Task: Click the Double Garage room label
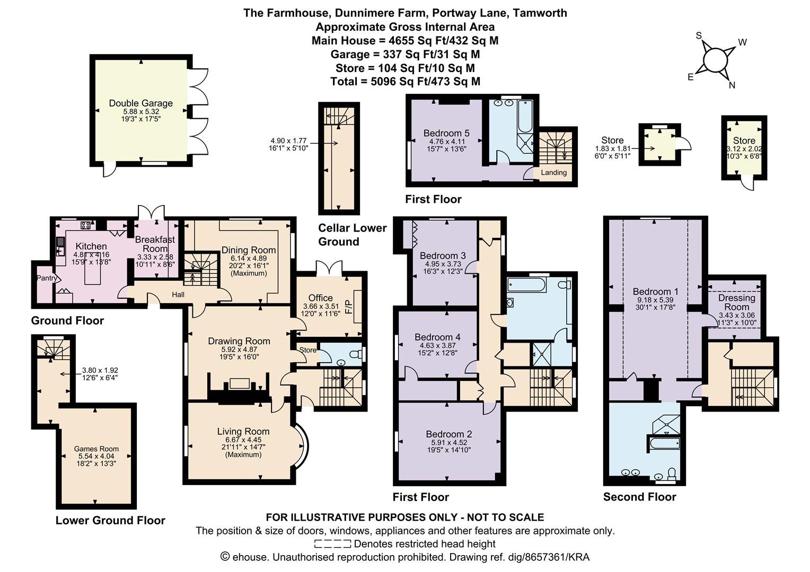click(x=140, y=103)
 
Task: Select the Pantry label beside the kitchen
click(x=46, y=278)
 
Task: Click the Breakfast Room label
click(x=155, y=244)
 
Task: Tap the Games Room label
click(x=96, y=449)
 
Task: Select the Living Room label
click(x=243, y=432)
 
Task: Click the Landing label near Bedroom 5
click(x=553, y=173)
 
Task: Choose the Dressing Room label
click(x=736, y=302)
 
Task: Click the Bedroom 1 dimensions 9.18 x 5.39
click(x=655, y=299)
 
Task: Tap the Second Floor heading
click(x=639, y=497)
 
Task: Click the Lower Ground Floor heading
click(x=110, y=521)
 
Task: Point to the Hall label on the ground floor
click(x=178, y=294)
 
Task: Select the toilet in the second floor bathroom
click(x=672, y=472)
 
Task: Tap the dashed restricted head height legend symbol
click(x=332, y=544)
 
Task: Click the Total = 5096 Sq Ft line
click(x=405, y=82)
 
